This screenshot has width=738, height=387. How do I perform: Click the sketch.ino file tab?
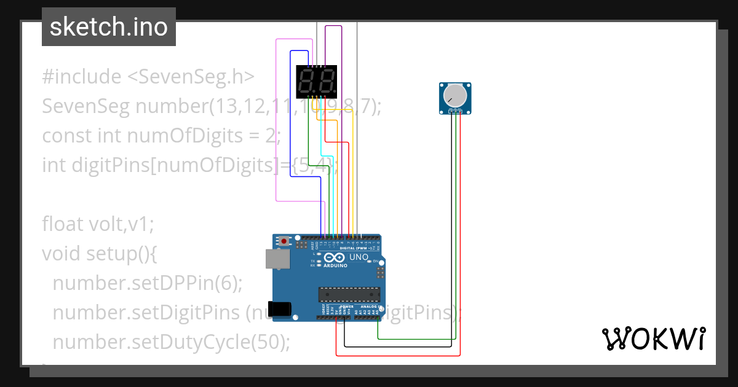tap(109, 27)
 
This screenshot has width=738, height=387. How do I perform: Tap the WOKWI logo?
tap(653, 339)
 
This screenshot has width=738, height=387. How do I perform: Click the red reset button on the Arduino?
tap(284, 241)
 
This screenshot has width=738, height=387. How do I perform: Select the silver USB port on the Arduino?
tap(274, 259)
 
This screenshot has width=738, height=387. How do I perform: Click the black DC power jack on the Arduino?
tap(281, 308)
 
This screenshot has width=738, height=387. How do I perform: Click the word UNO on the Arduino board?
tap(359, 257)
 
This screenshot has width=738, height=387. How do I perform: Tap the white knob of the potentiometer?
tap(455, 95)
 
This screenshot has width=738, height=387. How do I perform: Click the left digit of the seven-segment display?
tap(307, 81)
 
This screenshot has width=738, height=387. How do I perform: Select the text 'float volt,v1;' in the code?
tap(97, 224)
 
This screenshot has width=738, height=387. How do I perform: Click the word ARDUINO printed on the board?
tap(336, 266)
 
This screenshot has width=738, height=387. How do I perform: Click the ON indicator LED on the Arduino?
tap(369, 262)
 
